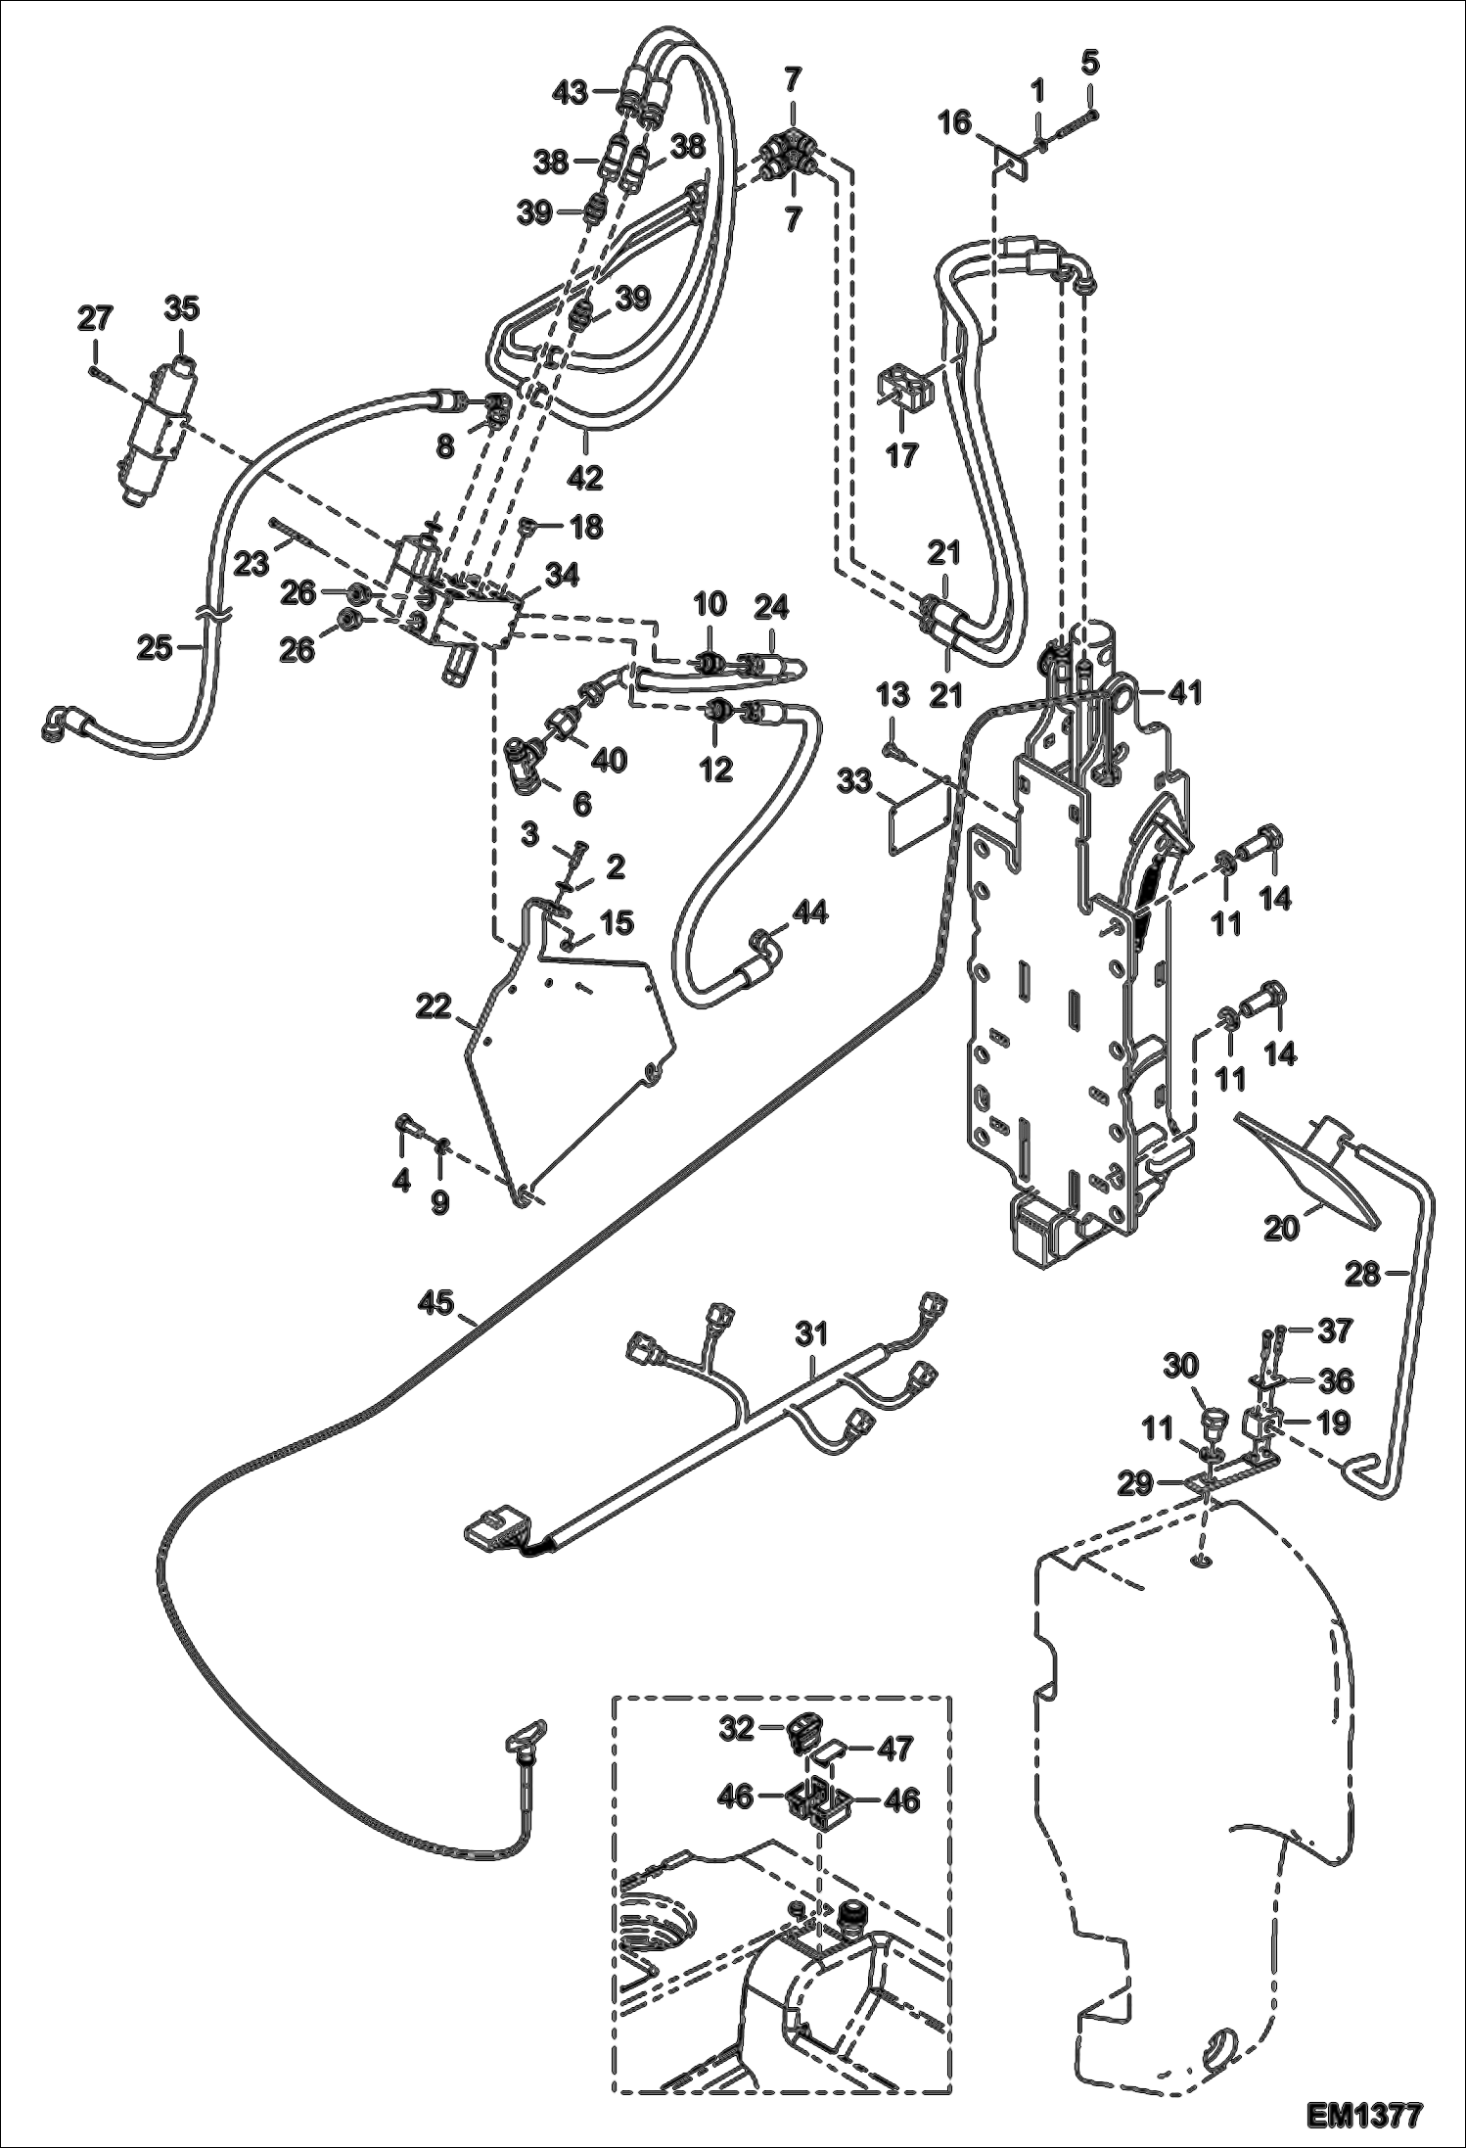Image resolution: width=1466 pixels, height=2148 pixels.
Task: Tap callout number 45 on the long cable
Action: [x=437, y=1303]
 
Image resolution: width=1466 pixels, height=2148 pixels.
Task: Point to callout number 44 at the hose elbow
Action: [x=810, y=913]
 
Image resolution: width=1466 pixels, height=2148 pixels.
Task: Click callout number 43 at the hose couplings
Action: [x=570, y=93]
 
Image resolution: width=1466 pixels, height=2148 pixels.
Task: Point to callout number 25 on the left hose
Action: [x=155, y=647]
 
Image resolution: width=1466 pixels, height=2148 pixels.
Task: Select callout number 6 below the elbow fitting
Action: [x=580, y=803]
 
